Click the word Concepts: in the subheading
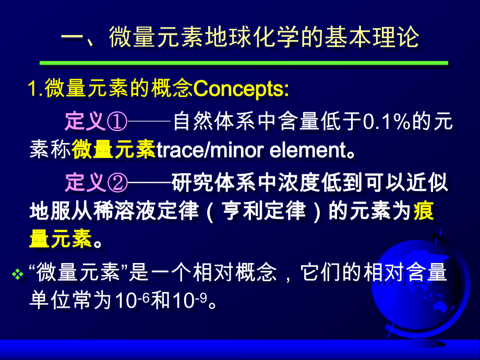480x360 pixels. pos(241,89)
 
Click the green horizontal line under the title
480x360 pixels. pos(244,63)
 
